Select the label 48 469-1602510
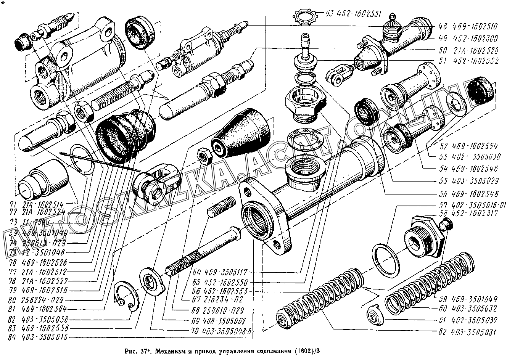[x=468, y=27]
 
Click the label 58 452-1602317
[x=468, y=214]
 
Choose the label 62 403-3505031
[x=468, y=332]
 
